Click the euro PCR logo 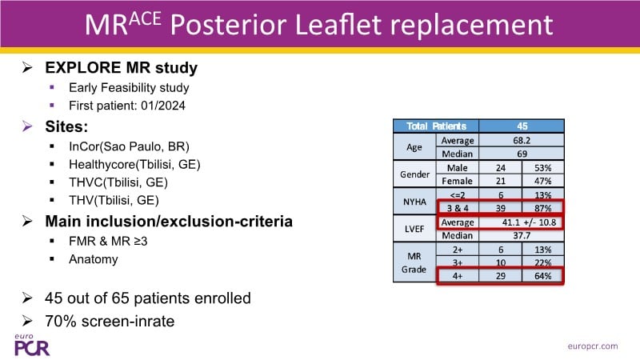(32, 345)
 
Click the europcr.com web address (593, 346)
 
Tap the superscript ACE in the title (145, 18)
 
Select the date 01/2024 (163, 106)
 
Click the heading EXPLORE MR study (122, 67)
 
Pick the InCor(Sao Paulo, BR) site (129, 146)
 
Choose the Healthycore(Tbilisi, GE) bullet (134, 164)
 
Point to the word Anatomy (94, 259)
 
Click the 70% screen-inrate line (110, 322)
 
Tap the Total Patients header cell (436, 126)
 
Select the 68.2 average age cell (522, 141)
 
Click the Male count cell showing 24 (501, 168)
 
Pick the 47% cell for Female (543, 181)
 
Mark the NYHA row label (414, 202)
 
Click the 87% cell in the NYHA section (543, 208)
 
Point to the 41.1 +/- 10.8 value (529, 222)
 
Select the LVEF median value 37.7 (522, 235)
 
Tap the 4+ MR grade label (457, 276)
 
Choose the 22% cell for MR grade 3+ (543, 262)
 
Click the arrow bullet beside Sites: (27, 126)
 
